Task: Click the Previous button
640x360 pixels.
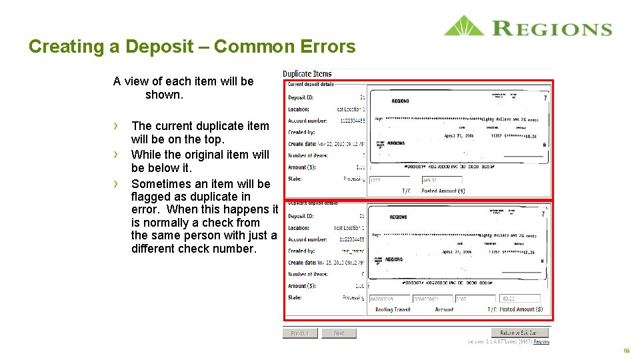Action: pyautogui.click(x=299, y=333)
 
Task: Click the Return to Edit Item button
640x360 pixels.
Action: pyautogui.click(x=521, y=333)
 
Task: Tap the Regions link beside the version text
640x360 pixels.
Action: pyautogui.click(x=541, y=342)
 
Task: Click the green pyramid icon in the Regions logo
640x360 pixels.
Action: pyautogui.click(x=464, y=26)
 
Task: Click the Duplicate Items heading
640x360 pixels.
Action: pyautogui.click(x=307, y=74)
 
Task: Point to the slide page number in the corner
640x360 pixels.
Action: pyautogui.click(x=627, y=351)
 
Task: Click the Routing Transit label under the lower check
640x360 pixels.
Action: pyautogui.click(x=393, y=309)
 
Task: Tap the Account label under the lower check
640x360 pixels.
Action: pyautogui.click(x=444, y=309)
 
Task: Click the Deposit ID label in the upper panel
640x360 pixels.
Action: pyautogui.click(x=301, y=97)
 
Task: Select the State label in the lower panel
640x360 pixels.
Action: pyautogui.click(x=295, y=297)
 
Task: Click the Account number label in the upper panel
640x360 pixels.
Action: pyautogui.click(x=307, y=121)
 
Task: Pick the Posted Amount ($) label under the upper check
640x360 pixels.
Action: pyautogui.click(x=443, y=191)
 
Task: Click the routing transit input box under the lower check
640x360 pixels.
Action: pyautogui.click(x=389, y=299)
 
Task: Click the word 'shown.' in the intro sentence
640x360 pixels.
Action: pyautogui.click(x=164, y=95)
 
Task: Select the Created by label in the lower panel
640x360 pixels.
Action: pyautogui.click(x=301, y=251)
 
